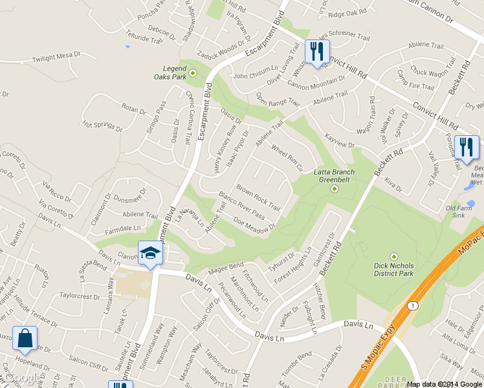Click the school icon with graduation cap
pyautogui.click(x=150, y=253)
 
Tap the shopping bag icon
pyautogui.click(x=25, y=338)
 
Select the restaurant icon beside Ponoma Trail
pyautogui.click(x=466, y=146)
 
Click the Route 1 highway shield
pyautogui.click(x=412, y=305)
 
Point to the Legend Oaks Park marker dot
pyautogui.click(x=192, y=72)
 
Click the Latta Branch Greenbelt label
pyautogui.click(x=335, y=176)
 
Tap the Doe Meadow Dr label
pyautogui.click(x=254, y=222)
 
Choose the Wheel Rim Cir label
pyautogui.click(x=287, y=158)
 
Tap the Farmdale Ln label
pyautogui.click(x=123, y=228)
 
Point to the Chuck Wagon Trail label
pyautogui.click(x=431, y=72)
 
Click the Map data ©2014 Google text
pyautogui.click(x=445, y=384)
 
